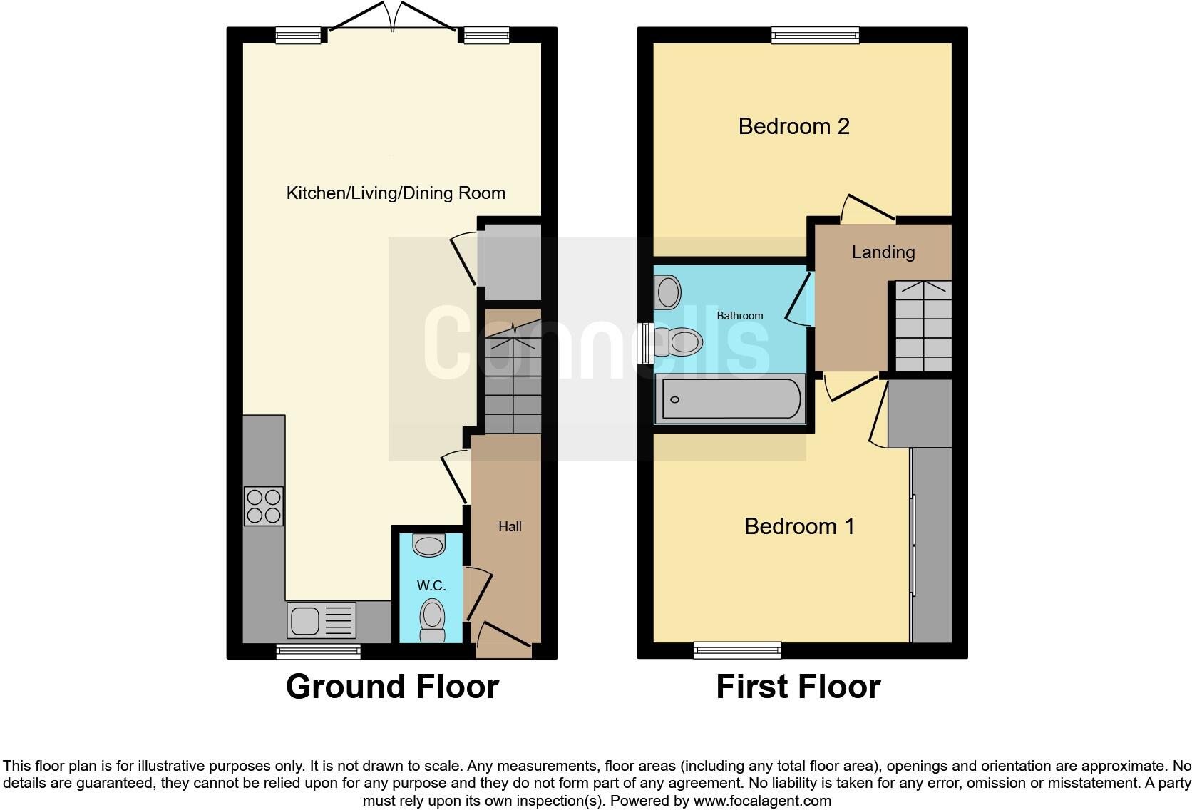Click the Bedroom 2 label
(x=793, y=126)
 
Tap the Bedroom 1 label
(x=799, y=526)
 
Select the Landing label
(x=883, y=252)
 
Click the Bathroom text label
(x=739, y=315)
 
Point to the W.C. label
(x=431, y=585)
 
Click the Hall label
(x=510, y=526)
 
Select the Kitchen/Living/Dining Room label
(x=396, y=193)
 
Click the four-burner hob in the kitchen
(x=263, y=506)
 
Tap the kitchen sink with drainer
(x=322, y=620)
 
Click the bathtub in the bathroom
(x=731, y=399)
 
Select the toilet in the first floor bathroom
(x=677, y=342)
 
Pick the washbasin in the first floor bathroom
(x=668, y=292)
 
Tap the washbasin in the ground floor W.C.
(x=429, y=546)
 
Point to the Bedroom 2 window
(x=816, y=35)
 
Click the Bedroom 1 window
(x=737, y=650)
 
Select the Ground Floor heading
(x=392, y=687)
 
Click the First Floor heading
(x=798, y=687)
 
